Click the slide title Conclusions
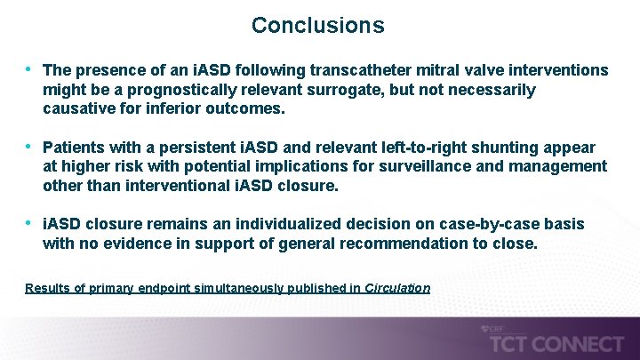[317, 25]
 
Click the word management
[556, 166]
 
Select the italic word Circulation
[397, 288]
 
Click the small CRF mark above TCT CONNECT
[495, 328]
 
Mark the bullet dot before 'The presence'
[29, 69]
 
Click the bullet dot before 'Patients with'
[29, 146]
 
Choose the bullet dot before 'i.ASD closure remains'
[29, 223]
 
